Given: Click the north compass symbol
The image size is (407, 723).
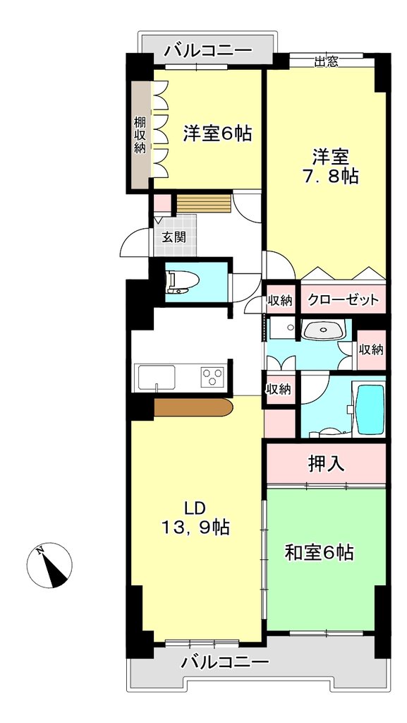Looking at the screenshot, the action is [x=49, y=565].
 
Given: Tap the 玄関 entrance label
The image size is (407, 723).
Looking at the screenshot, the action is [x=174, y=237].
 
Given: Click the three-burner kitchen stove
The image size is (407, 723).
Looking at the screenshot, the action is [x=213, y=377].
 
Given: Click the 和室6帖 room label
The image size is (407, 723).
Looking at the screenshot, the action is [x=319, y=552].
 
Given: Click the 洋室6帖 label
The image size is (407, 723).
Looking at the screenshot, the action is [x=217, y=133].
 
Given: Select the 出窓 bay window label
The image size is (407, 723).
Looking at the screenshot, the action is [x=327, y=61].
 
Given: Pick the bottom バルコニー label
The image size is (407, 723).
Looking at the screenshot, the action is [x=225, y=663].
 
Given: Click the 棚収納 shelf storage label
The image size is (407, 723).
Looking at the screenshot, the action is [x=140, y=135].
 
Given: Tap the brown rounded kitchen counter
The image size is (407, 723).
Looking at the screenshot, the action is [x=193, y=407].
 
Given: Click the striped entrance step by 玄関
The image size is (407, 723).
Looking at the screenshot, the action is [x=203, y=203].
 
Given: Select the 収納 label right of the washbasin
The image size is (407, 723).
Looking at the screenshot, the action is [x=371, y=349].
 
